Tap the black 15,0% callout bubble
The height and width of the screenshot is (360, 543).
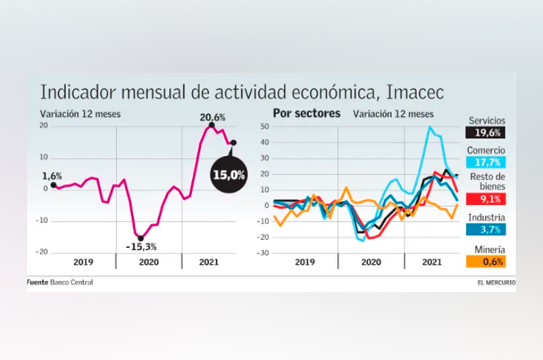pyautogui.click(x=229, y=174)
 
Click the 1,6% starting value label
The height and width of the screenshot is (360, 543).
pyautogui.click(x=51, y=176)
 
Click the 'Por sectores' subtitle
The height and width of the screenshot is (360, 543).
pyautogui.click(x=307, y=113)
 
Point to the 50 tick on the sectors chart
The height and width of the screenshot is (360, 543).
pyautogui.click(x=265, y=126)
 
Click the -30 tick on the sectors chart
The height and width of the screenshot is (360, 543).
pyautogui.click(x=263, y=253)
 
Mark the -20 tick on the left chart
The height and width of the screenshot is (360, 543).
pyautogui.click(x=42, y=251)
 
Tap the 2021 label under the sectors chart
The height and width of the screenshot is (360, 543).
pyautogui.click(x=432, y=262)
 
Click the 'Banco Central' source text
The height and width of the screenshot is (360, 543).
pyautogui.click(x=71, y=282)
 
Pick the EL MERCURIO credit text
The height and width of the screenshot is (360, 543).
pyautogui.click(x=495, y=282)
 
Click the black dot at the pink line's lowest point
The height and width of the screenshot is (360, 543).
pyautogui.click(x=141, y=238)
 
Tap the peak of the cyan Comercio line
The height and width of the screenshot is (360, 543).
pyautogui.click(x=430, y=127)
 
